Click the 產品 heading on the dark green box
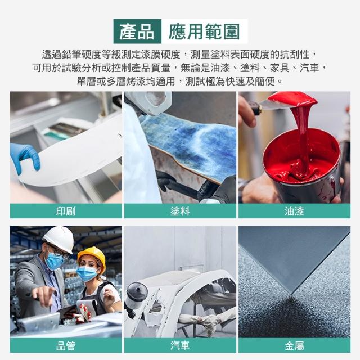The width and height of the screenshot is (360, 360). coord(137,31)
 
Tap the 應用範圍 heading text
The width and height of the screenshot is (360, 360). coord(204,31)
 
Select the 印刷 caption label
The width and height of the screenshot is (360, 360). coord(66,211)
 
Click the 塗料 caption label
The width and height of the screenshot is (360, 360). coord(180,211)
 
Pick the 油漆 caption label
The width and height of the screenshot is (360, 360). coord(294,211)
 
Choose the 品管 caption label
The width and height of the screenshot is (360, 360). coord(66,346)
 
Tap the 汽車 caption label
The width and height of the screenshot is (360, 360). coord(180,346)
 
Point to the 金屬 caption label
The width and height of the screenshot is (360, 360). coord(294,346)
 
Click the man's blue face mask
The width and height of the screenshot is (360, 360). coord(54,261)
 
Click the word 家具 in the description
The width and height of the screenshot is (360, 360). coord(280,67)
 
